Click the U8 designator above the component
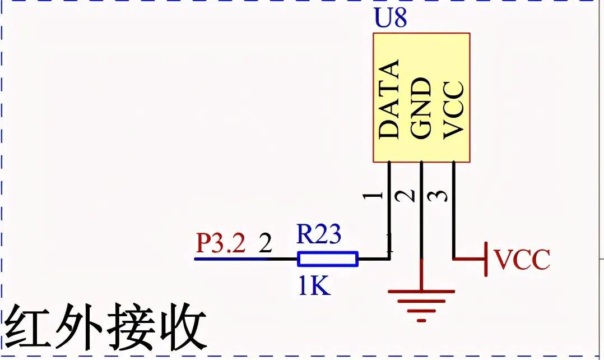(390, 19)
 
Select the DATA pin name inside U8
(389, 99)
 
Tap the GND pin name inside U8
(421, 108)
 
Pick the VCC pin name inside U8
(453, 109)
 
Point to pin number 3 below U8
(441, 196)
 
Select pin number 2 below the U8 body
(408, 196)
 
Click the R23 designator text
(318, 234)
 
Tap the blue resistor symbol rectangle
(328, 259)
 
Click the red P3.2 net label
(220, 244)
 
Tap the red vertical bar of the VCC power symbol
(486, 259)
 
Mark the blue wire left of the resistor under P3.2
(235, 259)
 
